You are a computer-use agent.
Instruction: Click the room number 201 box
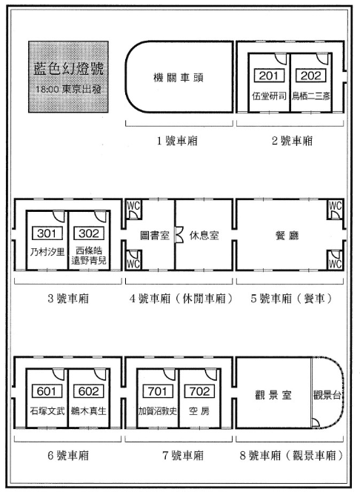[269, 76]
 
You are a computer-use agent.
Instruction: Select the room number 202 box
[311, 76]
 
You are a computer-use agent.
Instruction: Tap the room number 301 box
[47, 233]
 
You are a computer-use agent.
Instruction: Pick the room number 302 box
[89, 233]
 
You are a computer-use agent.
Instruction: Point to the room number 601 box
[47, 391]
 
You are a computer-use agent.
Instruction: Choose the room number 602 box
[89, 391]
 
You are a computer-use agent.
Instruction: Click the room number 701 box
[158, 391]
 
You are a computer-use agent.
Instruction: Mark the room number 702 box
[200, 391]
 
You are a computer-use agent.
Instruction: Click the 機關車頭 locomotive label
[179, 77]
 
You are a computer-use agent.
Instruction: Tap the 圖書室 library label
[155, 236]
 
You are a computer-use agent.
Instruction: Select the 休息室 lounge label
[204, 236]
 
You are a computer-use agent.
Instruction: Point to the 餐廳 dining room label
[287, 236]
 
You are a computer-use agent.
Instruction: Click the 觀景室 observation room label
[273, 394]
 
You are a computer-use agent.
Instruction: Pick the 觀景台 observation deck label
[327, 394]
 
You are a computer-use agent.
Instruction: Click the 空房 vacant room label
[199, 410]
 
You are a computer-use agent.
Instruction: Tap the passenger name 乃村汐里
[47, 251]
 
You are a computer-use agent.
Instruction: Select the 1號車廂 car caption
[177, 141]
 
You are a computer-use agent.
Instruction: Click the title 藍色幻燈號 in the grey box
[68, 68]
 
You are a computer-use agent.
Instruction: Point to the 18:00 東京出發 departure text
[68, 89]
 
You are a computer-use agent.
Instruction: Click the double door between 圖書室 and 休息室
[179, 236]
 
